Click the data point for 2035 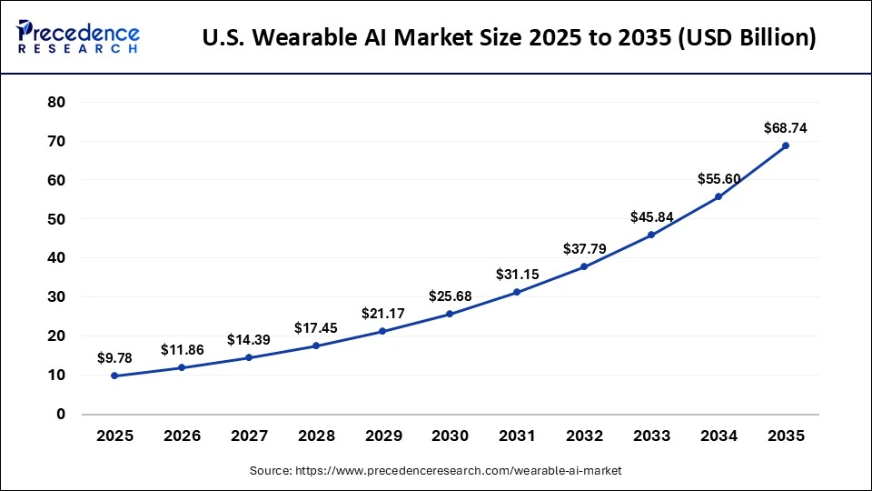pos(785,145)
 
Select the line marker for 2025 pos(114,376)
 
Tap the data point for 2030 pos(450,314)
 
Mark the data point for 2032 pos(584,266)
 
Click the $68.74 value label pos(785,128)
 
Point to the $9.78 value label pos(114,358)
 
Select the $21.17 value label pos(382,314)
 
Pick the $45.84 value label pos(651,217)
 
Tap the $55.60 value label pos(718,179)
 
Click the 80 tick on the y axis pos(56,103)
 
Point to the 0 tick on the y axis pos(61,415)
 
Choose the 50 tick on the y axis pos(56,219)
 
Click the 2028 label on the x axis pos(315,436)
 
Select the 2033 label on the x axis pos(651,436)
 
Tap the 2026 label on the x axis pos(182,436)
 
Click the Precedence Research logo pos(78,37)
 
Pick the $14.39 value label pos(248,340)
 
